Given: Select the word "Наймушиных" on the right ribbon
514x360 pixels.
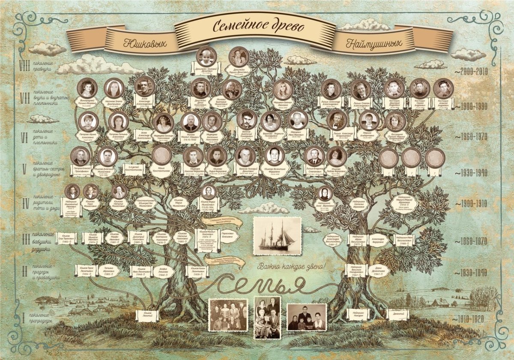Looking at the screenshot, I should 374,43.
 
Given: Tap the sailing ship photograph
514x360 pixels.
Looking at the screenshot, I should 277,237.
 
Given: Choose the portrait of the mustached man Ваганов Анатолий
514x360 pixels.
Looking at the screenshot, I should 246,119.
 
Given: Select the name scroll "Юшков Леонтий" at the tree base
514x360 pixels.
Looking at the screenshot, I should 147,315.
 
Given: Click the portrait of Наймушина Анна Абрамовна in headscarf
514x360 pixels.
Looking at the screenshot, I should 325,193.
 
